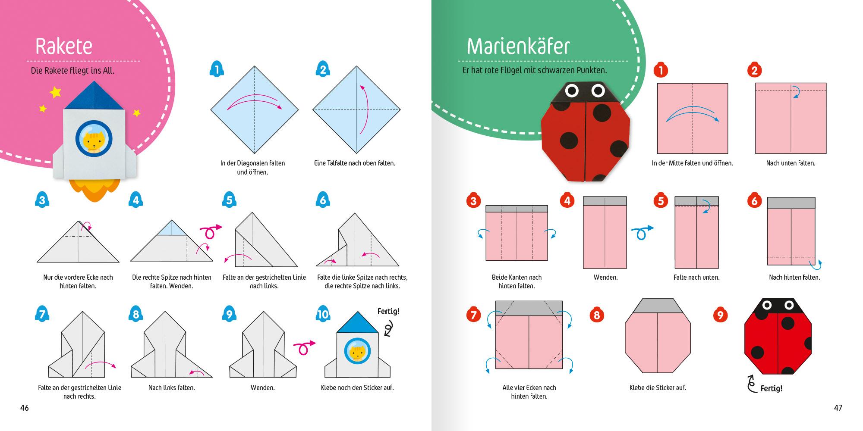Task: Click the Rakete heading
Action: point(64,46)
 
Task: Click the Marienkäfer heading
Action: point(518,46)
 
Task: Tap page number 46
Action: point(25,408)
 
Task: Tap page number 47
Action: point(838,408)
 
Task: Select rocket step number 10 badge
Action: point(323,314)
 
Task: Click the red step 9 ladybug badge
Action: point(720,315)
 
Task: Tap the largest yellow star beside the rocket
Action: point(55,92)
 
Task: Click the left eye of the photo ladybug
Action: point(572,91)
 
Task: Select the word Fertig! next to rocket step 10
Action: point(388,311)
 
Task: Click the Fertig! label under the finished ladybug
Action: point(771,388)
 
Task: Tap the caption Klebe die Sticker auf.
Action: point(658,387)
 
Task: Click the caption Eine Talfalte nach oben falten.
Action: point(354,163)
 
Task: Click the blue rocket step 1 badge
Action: point(217,69)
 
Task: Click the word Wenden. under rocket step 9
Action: point(262,387)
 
